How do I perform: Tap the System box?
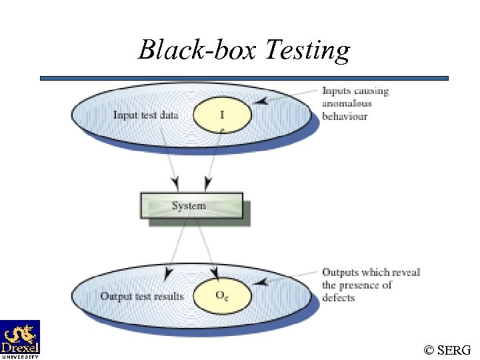click(191, 205)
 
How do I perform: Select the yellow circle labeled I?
click(222, 115)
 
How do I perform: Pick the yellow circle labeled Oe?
click(222, 295)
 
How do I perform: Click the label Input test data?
click(145, 115)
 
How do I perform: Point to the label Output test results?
click(141, 296)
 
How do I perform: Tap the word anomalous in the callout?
click(347, 103)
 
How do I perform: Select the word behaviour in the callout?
click(345, 116)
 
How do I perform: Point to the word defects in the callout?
click(338, 297)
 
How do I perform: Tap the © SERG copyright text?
click(447, 349)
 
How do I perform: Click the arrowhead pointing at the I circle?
click(262, 102)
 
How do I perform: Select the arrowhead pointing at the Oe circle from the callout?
click(262, 282)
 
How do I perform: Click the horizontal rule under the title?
click(244, 78)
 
